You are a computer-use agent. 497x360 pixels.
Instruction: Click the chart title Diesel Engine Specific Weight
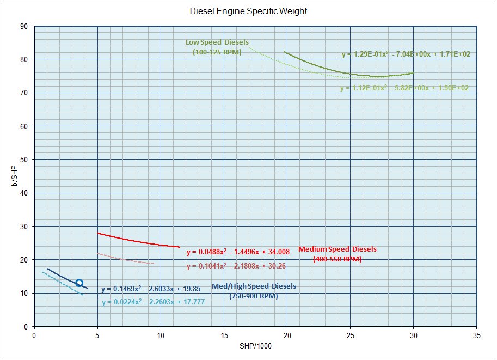[248, 11]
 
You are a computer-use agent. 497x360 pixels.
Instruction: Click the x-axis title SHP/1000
[255, 346]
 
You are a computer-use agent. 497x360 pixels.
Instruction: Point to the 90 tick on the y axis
[24, 26]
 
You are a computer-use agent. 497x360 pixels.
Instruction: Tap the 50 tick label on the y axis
[24, 160]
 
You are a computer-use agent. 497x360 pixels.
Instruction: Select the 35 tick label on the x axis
[476, 335]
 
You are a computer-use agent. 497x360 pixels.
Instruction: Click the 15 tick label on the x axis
[224, 335]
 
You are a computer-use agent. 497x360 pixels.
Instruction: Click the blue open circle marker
[79, 283]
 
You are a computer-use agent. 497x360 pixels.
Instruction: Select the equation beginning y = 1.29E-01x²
[406, 54]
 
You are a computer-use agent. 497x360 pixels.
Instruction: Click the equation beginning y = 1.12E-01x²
[404, 88]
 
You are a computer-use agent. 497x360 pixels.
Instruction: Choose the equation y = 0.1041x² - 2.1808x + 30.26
[236, 266]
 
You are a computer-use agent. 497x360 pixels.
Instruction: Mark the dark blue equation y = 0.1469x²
[151, 289]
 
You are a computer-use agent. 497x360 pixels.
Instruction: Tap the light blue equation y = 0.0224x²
[153, 302]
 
